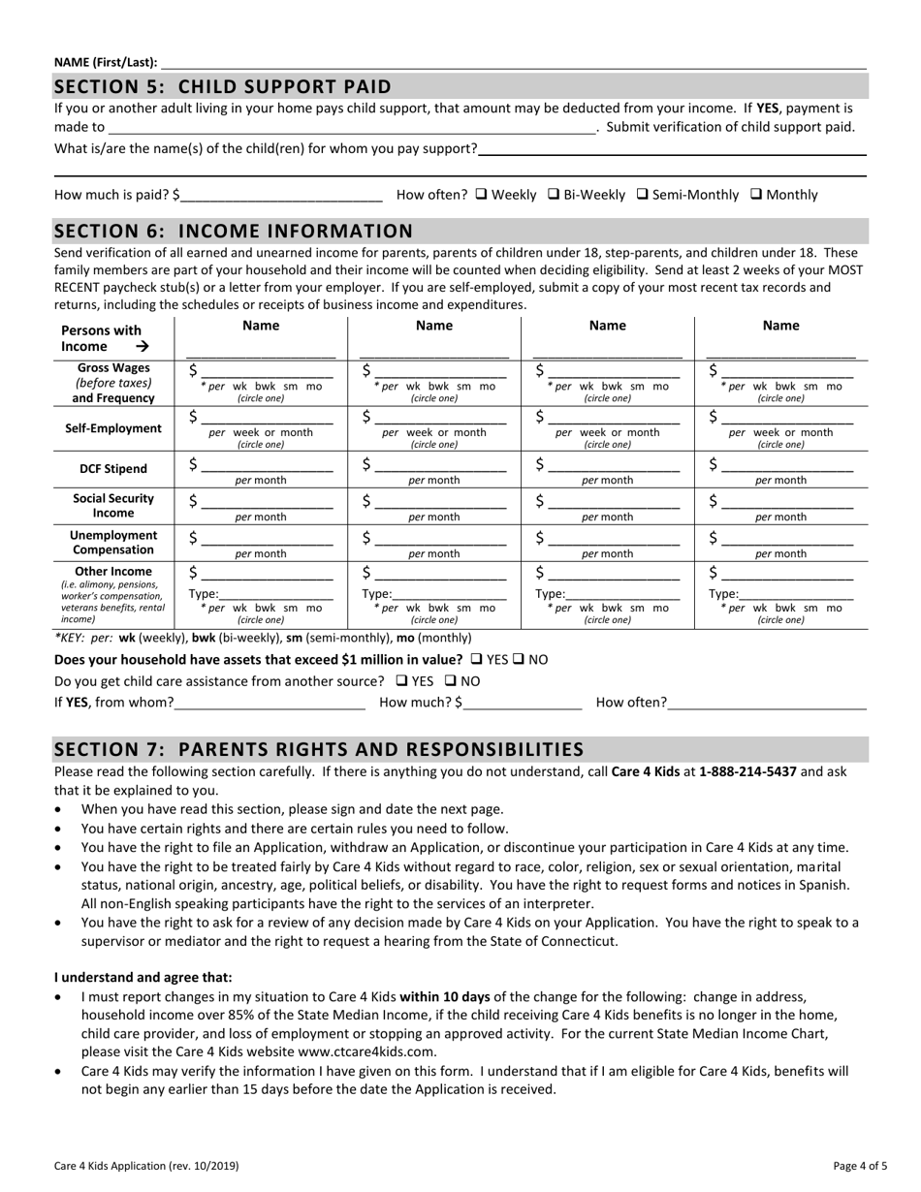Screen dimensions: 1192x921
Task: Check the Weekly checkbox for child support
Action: click(x=482, y=195)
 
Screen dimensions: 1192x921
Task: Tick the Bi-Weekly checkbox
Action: click(x=554, y=195)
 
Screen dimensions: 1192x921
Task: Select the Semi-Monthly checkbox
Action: click(x=642, y=195)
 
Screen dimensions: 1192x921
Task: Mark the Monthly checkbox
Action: click(x=756, y=195)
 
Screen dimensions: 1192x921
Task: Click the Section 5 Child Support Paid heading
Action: click(x=223, y=86)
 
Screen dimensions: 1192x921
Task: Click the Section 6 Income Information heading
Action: click(x=234, y=231)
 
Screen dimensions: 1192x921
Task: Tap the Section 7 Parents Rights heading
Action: click(x=319, y=749)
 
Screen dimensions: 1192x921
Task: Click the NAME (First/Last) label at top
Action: click(x=106, y=62)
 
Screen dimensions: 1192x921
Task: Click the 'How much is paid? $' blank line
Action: click(x=281, y=196)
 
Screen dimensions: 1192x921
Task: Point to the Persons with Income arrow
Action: click(x=143, y=346)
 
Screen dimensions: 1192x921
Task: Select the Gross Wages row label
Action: click(x=113, y=382)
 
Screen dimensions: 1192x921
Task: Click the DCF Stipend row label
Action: click(x=113, y=469)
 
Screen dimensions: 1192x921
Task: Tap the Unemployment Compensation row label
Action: click(x=113, y=543)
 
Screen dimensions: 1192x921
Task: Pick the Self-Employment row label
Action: click(x=113, y=428)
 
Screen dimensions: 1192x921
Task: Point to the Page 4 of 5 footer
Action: click(x=860, y=1166)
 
